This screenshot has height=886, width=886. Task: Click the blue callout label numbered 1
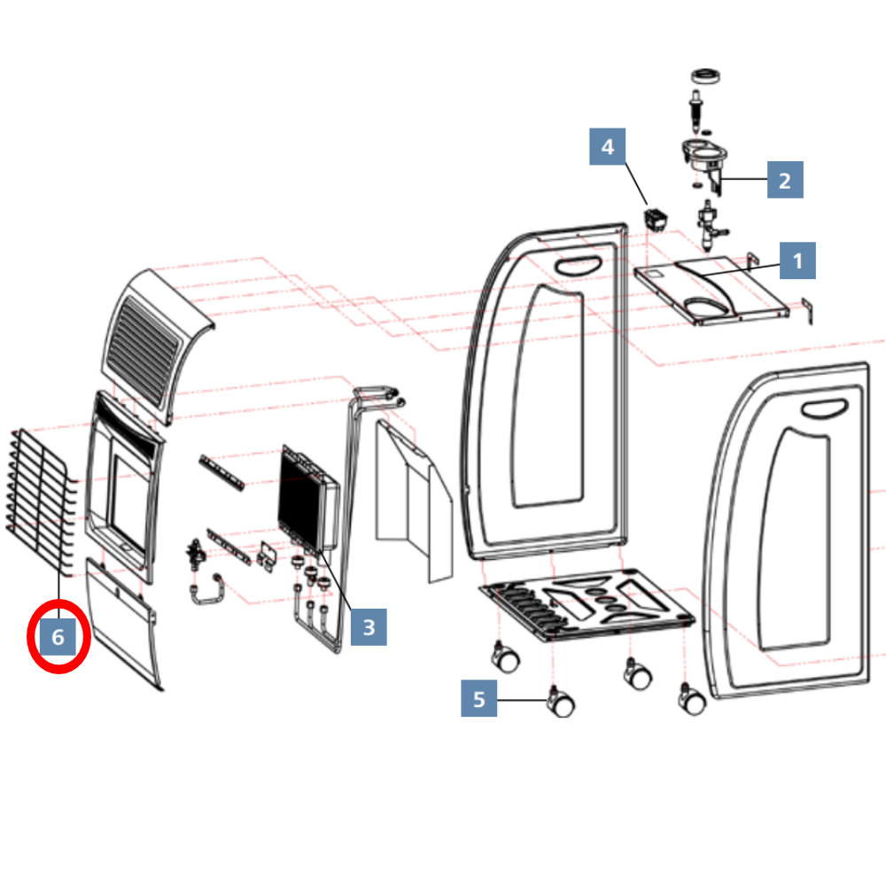tap(797, 260)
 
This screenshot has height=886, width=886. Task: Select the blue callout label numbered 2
tap(785, 180)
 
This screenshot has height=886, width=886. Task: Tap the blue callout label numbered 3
tap(369, 626)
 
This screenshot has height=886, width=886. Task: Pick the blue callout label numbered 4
tap(608, 146)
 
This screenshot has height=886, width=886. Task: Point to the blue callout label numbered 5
tap(478, 698)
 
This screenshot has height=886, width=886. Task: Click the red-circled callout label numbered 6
tap(58, 637)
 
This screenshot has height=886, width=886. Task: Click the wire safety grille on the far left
tap(42, 501)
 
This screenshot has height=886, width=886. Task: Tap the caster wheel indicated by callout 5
tap(560, 702)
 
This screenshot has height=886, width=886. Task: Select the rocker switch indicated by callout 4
tap(655, 220)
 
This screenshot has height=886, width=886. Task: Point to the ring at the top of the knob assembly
tap(706, 76)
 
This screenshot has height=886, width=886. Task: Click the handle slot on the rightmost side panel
tap(824, 408)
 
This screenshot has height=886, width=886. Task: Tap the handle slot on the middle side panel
tap(578, 266)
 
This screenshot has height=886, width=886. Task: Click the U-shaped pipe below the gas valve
tap(206, 589)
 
